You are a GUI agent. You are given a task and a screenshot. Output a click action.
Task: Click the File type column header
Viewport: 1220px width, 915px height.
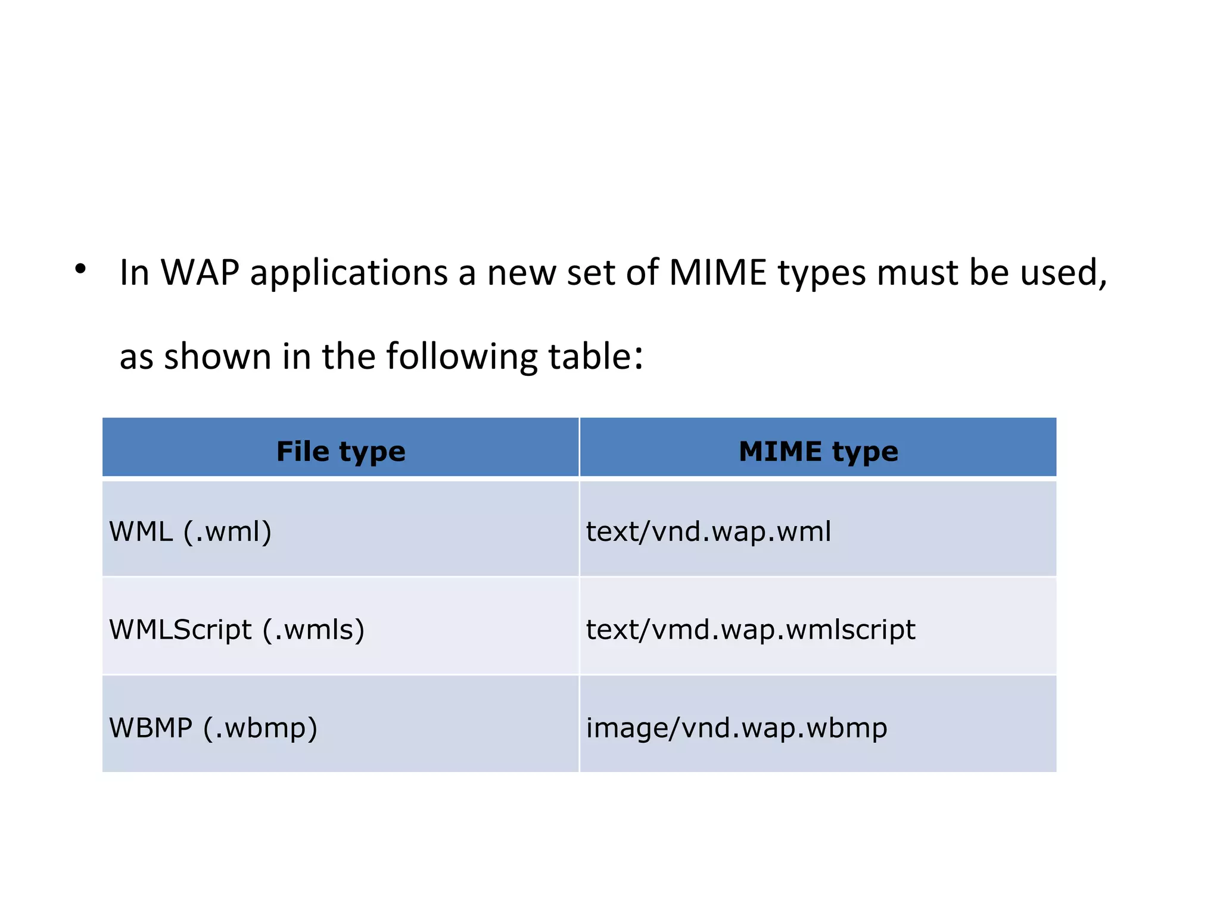pos(341,451)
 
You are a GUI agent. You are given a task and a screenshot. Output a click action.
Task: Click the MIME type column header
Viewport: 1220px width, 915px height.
pos(818,451)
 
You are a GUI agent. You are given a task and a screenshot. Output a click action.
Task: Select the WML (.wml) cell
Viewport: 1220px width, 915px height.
pos(191,531)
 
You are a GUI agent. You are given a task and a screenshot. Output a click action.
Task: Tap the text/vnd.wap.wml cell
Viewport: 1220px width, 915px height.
pos(708,531)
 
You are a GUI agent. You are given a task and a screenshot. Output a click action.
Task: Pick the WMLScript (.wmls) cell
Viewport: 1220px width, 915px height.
pos(236,630)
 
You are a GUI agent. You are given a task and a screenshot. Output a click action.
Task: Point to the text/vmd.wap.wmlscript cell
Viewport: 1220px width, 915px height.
pos(751,630)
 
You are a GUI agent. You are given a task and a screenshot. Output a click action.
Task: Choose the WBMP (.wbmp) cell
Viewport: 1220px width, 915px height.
pos(213,728)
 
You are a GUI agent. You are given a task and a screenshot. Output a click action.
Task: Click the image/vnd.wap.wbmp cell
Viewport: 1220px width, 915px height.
pos(736,728)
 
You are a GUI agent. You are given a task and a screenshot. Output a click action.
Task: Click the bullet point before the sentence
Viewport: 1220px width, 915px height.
pos(80,269)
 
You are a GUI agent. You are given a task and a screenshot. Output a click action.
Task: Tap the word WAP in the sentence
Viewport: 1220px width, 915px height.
pos(200,273)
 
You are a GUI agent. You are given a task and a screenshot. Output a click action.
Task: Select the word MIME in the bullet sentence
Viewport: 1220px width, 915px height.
pos(718,273)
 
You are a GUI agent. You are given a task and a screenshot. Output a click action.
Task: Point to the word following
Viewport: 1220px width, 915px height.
pos(462,357)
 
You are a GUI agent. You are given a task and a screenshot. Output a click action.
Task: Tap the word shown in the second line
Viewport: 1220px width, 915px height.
pos(217,357)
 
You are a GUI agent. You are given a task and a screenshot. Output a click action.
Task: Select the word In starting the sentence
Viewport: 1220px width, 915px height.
pos(135,273)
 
